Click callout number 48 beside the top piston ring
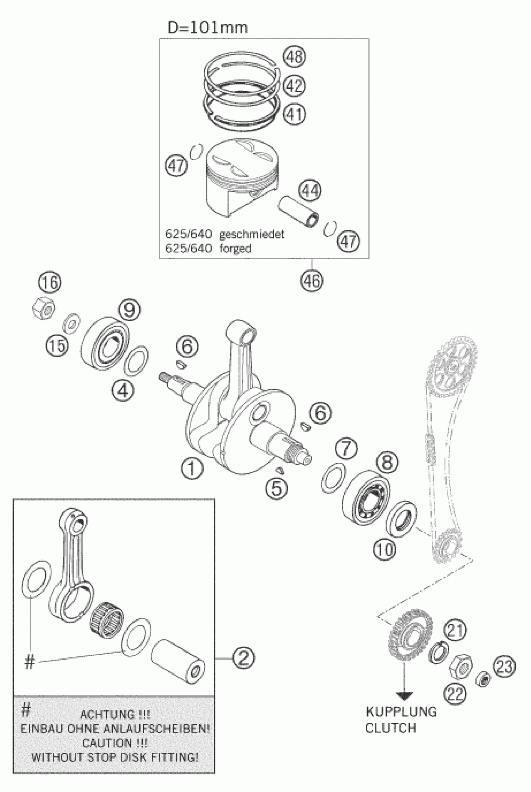tap(294, 57)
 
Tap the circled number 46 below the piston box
tap(311, 280)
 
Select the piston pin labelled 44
tap(298, 212)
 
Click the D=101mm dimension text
tap(208, 28)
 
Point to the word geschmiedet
tap(252, 234)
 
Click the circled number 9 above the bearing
tap(129, 310)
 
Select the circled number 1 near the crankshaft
tap(192, 469)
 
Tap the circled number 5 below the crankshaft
tap(276, 488)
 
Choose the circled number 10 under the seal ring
tap(385, 550)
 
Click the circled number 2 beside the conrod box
tap(244, 658)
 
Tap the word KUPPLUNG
tap(401, 712)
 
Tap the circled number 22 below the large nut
tap(455, 694)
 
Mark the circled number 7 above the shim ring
tap(346, 449)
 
